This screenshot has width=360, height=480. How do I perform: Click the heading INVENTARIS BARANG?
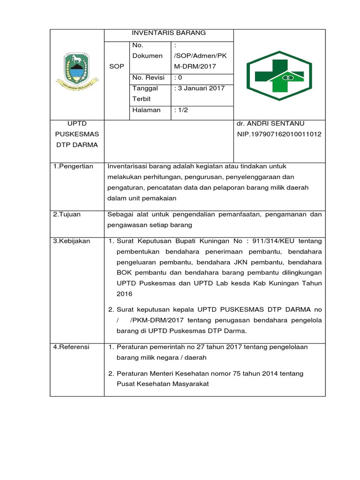coord(168,33)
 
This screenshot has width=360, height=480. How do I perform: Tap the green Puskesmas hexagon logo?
coord(279,75)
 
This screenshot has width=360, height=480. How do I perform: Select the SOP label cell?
coord(116,67)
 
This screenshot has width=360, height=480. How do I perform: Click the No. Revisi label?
coord(149,77)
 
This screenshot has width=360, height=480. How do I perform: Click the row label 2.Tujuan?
coord(67,215)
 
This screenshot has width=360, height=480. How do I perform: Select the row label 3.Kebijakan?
coord(71,241)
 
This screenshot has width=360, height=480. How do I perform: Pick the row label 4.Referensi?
coord(71,347)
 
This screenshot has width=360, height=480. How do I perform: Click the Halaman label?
coord(146,110)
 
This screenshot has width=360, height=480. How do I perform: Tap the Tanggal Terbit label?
coord(145,93)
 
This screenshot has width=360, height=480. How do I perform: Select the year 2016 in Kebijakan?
coord(125,294)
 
